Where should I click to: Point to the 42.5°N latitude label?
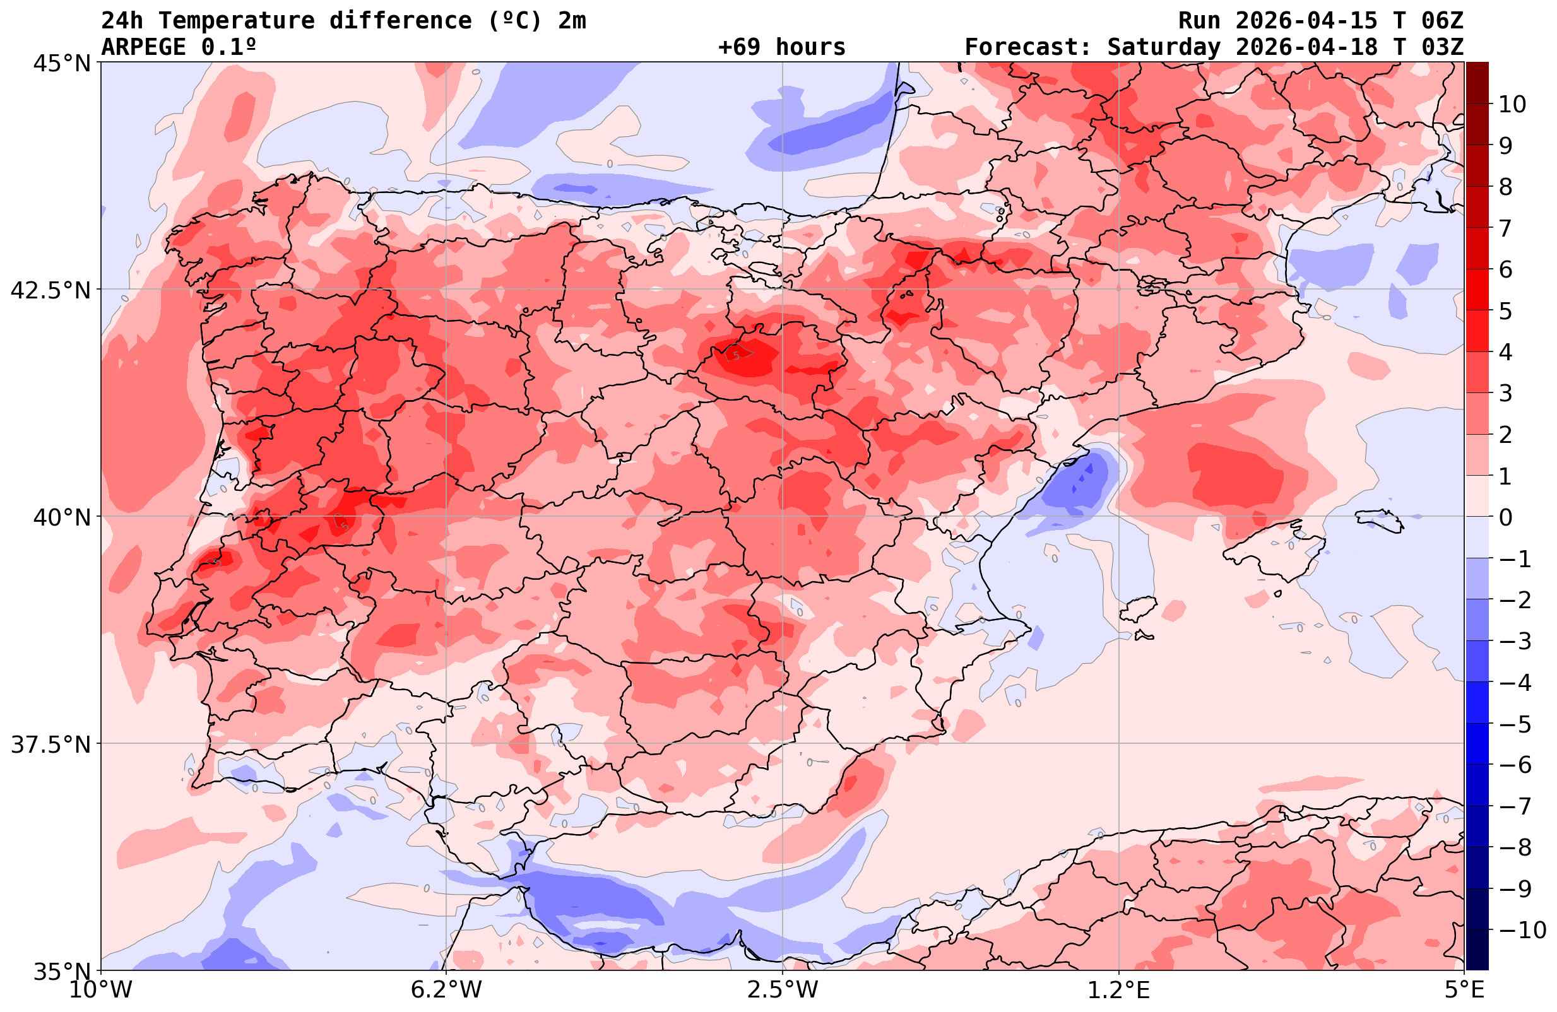pos(50,290)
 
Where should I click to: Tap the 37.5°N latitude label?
pos(50,744)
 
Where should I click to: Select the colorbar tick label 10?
pos(1513,104)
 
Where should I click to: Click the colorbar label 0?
pos(1505,517)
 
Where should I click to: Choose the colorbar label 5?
pos(1505,311)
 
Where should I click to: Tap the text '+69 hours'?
pos(782,47)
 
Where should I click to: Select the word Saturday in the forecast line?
pos(1164,47)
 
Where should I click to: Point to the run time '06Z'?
pos(1443,21)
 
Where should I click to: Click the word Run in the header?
pos(1199,21)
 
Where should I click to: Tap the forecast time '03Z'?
pos(1443,47)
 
